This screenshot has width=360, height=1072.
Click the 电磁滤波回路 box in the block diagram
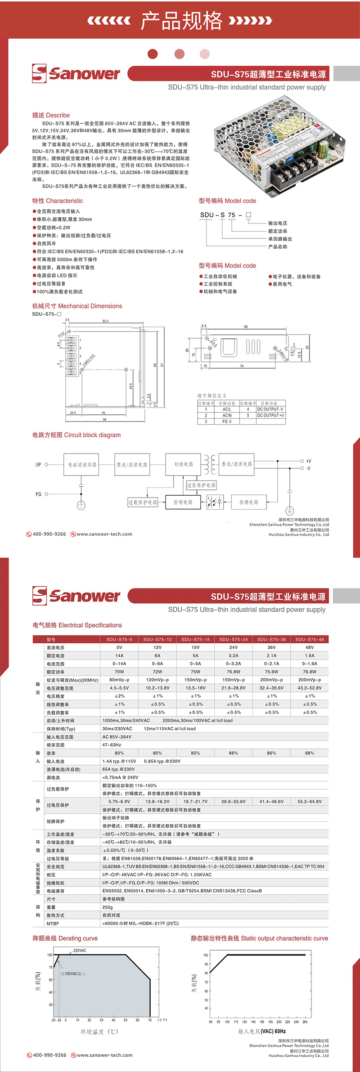(x=81, y=465)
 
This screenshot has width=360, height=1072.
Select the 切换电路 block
(x=184, y=464)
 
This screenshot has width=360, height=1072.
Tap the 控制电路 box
(x=183, y=502)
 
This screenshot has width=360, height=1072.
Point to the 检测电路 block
(x=248, y=502)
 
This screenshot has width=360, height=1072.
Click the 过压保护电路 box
(x=201, y=485)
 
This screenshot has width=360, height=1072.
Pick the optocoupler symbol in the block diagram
(x=215, y=502)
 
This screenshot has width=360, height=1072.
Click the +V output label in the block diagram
(x=308, y=461)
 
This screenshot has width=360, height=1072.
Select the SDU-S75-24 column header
(x=234, y=639)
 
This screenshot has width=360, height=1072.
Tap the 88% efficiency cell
(x=310, y=753)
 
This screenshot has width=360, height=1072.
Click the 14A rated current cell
(x=119, y=655)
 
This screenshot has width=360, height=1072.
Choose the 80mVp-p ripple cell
(x=119, y=680)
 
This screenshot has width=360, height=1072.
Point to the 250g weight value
(x=108, y=907)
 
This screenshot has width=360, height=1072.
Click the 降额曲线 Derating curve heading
(x=65, y=938)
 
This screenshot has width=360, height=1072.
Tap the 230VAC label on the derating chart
(x=80, y=951)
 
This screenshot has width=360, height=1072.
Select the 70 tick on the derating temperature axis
(x=150, y=1020)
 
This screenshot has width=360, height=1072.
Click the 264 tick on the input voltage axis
(x=305, y=1022)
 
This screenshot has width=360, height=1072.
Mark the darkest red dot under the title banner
(x=153, y=54)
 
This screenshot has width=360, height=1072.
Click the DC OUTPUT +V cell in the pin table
(x=270, y=415)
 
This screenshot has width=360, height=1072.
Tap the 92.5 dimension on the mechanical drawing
(x=105, y=321)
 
